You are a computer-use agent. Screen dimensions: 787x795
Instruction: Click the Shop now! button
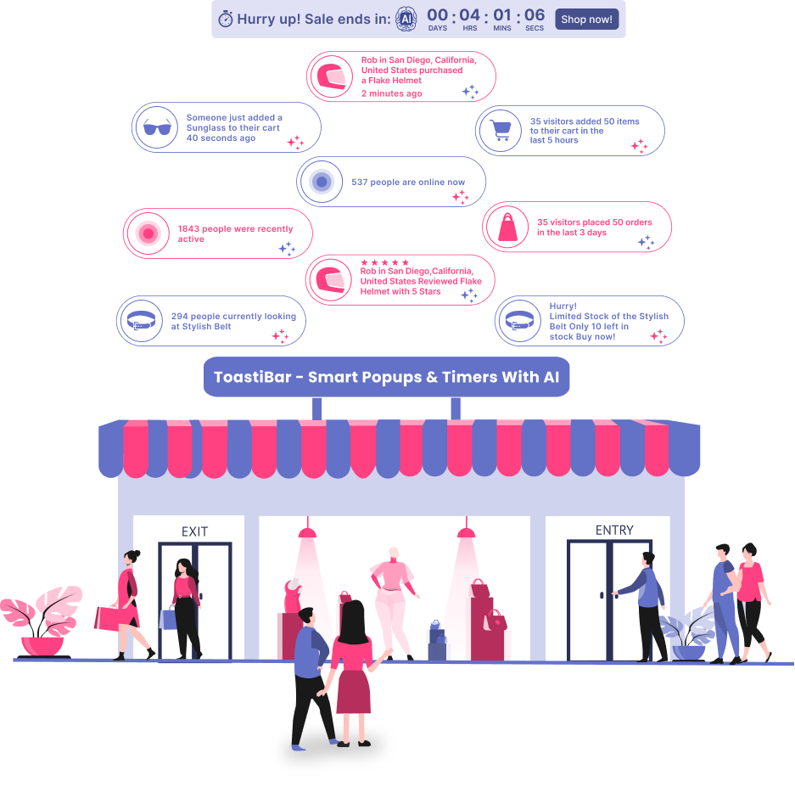pyautogui.click(x=586, y=19)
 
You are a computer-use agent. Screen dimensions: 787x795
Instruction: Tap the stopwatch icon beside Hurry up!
pyautogui.click(x=225, y=20)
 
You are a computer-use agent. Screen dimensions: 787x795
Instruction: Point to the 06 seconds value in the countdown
pyautogui.click(x=535, y=14)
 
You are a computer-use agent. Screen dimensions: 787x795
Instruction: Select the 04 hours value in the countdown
pyautogui.click(x=469, y=14)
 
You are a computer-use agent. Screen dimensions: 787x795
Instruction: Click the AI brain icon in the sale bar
pyautogui.click(x=406, y=19)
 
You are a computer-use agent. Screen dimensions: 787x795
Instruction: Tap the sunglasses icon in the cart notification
pyautogui.click(x=157, y=127)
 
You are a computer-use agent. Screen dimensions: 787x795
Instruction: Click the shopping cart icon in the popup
pyautogui.click(x=501, y=131)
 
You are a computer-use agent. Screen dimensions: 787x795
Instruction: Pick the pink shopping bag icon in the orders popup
pyautogui.click(x=507, y=228)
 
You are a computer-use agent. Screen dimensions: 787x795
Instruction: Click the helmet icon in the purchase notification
pyautogui.click(x=331, y=77)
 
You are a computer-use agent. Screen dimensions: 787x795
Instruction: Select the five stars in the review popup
pyautogui.click(x=384, y=262)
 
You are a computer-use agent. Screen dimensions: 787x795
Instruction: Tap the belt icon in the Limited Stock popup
pyautogui.click(x=518, y=321)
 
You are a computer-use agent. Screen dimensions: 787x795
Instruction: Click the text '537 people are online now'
pyautogui.click(x=408, y=182)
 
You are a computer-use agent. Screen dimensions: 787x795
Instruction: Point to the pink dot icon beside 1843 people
pyautogui.click(x=148, y=233)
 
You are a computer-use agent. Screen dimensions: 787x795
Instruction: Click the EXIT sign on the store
pyautogui.click(x=194, y=531)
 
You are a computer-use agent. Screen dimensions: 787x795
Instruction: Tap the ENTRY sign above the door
pyautogui.click(x=614, y=530)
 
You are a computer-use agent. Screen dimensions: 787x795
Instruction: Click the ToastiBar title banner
pyautogui.click(x=386, y=377)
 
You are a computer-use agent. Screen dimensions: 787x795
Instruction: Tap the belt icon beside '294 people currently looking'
pyautogui.click(x=140, y=321)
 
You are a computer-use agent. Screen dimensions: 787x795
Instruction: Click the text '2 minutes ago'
pyautogui.click(x=391, y=93)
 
